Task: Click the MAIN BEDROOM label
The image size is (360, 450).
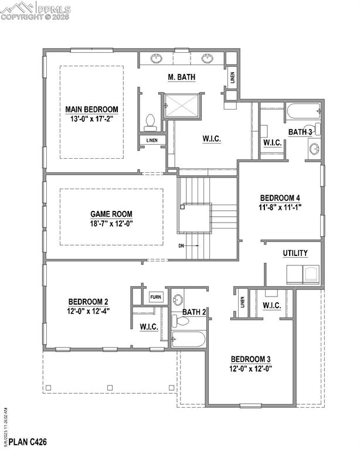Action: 91,109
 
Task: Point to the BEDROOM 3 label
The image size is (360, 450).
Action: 252,359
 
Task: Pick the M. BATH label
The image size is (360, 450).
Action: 182,77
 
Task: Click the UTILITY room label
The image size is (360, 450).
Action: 295,253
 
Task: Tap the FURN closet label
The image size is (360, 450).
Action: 156,296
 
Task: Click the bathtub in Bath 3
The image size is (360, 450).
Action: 302,110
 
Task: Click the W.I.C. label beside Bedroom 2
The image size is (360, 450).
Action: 149,327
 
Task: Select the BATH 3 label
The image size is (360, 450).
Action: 300,132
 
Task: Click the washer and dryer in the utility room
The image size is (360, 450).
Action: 304,275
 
